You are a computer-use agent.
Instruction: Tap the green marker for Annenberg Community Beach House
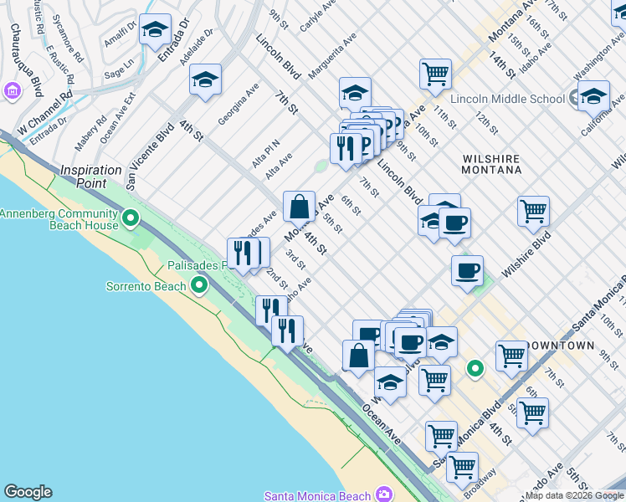pyautogui.click(x=130, y=219)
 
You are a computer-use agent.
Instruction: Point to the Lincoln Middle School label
pyautogui.click(x=507, y=99)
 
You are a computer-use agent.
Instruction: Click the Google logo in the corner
pyautogui.click(x=28, y=492)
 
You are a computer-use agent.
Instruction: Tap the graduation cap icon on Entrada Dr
pyautogui.click(x=155, y=30)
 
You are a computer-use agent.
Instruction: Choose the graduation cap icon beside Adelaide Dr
pyautogui.click(x=205, y=79)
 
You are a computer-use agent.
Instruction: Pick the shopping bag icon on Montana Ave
pyautogui.click(x=299, y=206)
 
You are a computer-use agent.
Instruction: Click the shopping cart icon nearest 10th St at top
pyautogui.click(x=435, y=74)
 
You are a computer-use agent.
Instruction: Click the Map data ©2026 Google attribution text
pyautogui.click(x=574, y=495)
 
